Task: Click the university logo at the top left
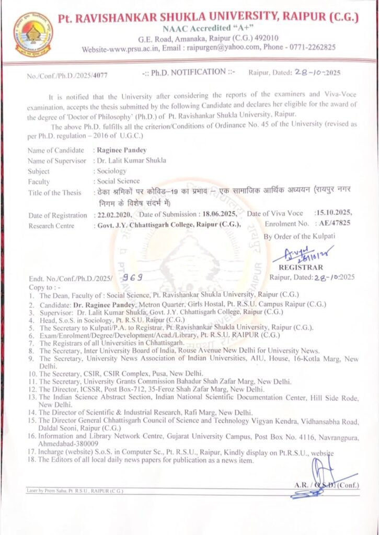(33, 34)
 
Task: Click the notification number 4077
(99, 76)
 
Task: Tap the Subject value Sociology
(111, 171)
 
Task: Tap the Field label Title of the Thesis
(54, 193)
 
